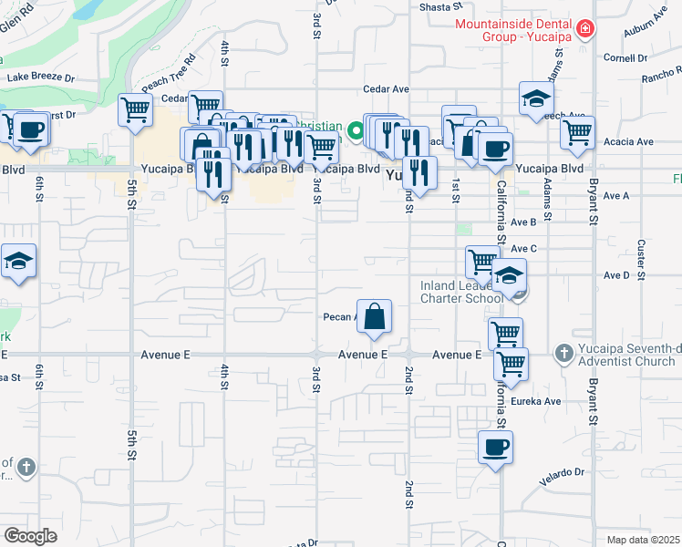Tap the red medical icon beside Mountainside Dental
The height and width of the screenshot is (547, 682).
584,29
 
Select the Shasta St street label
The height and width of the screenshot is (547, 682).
438,6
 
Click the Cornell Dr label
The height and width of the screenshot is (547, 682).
625,57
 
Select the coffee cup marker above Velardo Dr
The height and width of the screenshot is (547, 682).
495,447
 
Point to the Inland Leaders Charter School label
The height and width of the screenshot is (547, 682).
461,292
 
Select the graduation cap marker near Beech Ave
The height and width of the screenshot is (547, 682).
536,98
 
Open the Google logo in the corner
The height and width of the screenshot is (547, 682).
30,536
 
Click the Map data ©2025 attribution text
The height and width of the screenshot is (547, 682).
643,540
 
